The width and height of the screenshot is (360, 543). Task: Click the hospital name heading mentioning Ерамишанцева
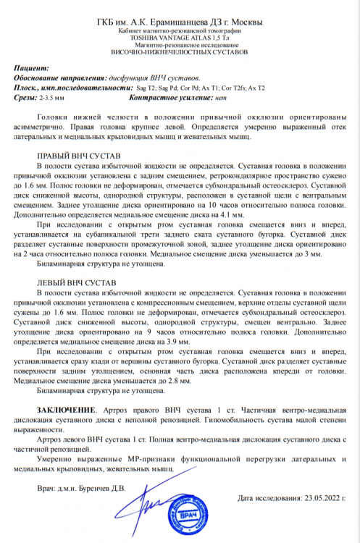click(x=180, y=24)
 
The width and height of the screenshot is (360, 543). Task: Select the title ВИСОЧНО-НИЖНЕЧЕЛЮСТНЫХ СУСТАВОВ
click(x=180, y=54)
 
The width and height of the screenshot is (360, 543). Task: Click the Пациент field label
click(x=34, y=67)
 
